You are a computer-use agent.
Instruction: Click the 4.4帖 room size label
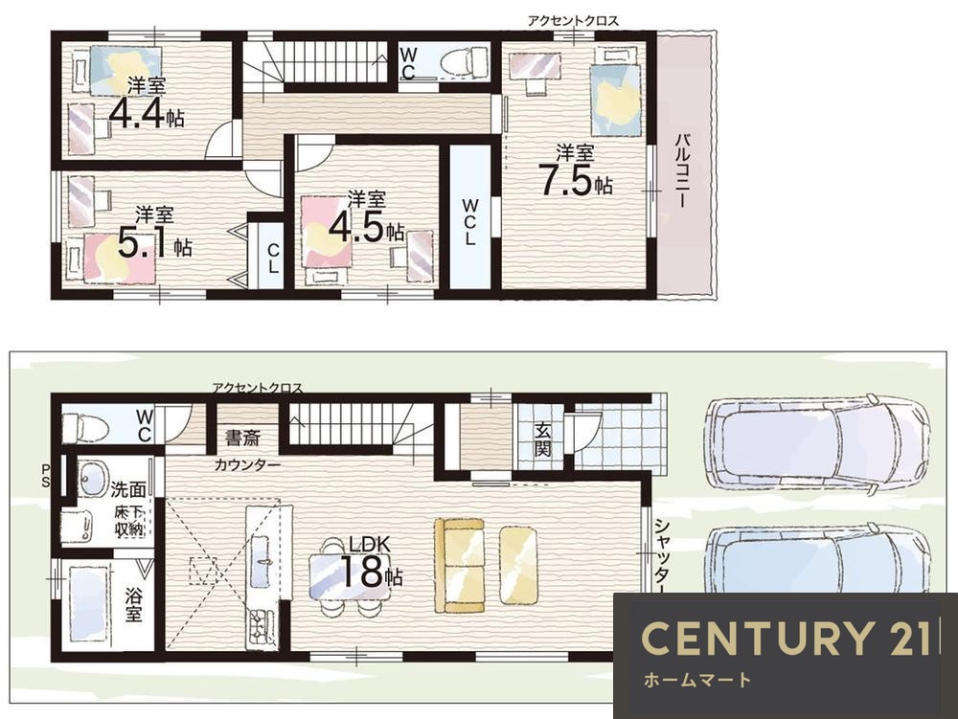147,114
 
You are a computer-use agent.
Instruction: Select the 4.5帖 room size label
366,228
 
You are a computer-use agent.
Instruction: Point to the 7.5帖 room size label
575,179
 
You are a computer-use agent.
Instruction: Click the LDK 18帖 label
370,563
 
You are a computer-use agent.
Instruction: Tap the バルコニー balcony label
681,171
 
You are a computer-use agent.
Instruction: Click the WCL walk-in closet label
469,221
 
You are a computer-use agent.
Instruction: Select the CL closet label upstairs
273,258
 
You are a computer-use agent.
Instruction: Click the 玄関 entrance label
542,439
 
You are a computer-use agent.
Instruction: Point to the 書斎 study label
242,438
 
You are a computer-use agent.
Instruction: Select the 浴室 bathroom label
133,604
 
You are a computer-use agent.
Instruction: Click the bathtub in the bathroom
88,603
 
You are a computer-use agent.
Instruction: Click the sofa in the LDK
460,565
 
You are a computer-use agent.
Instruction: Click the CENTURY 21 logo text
787,638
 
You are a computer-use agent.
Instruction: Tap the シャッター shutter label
662,555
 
